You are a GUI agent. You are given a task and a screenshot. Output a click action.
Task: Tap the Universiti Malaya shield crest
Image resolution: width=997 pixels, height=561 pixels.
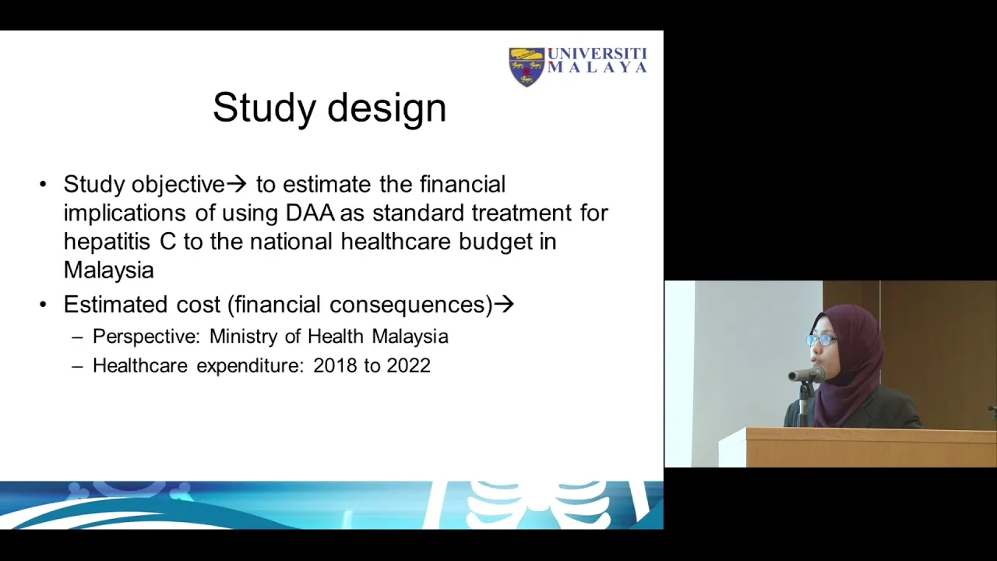[x=527, y=67]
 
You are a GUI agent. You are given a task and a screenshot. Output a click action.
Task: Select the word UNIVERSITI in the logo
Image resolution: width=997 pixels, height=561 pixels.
[x=597, y=54]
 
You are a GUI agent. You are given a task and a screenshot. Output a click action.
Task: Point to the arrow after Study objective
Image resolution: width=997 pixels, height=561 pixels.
[x=236, y=184]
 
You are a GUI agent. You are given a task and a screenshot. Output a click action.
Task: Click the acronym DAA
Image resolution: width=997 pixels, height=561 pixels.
[x=310, y=213]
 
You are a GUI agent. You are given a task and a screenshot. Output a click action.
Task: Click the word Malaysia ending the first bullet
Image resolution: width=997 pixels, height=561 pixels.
[x=108, y=270]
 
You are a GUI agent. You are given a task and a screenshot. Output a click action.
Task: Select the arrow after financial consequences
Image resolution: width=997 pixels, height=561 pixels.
[x=504, y=305]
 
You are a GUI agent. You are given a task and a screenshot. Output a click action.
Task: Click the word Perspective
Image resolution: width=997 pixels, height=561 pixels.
[x=146, y=337]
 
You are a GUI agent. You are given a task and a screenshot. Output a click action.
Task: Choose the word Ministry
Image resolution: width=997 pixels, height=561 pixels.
[x=244, y=337]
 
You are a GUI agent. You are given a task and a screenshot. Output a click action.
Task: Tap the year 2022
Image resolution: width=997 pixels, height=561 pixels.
[x=409, y=365]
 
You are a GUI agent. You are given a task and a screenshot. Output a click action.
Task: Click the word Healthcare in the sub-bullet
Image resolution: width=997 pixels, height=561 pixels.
[x=140, y=365]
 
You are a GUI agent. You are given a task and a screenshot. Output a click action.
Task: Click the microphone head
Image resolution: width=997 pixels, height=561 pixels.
[x=807, y=375]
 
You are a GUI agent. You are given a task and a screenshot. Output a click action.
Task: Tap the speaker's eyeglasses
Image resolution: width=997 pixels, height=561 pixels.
[x=820, y=340]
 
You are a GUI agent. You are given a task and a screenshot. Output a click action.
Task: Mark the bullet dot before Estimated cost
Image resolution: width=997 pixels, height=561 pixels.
[x=43, y=305]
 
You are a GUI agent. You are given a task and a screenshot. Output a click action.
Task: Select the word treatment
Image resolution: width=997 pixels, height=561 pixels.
[x=522, y=213]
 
